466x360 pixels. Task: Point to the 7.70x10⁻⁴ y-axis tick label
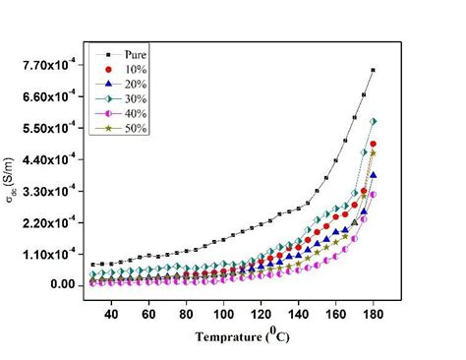coord(49,65)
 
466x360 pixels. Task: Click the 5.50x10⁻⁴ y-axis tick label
coord(49,128)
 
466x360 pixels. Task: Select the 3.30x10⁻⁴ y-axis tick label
coord(49,191)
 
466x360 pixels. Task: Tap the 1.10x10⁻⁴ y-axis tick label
coord(49,254)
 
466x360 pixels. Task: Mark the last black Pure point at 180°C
coord(374,70)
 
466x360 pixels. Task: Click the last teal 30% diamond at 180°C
coord(374,121)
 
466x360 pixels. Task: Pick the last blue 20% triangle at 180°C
coord(374,175)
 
